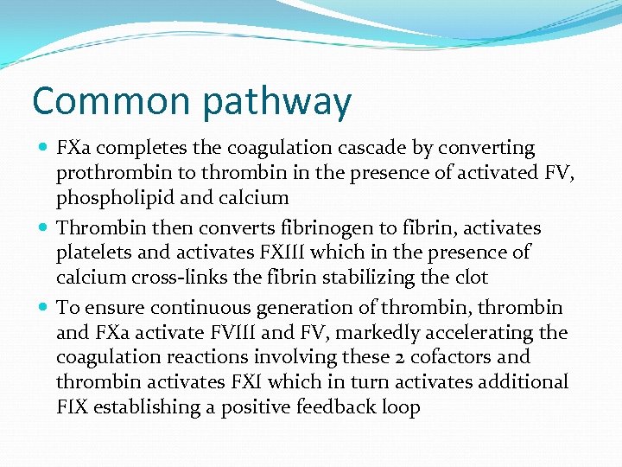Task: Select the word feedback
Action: coord(341,406)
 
